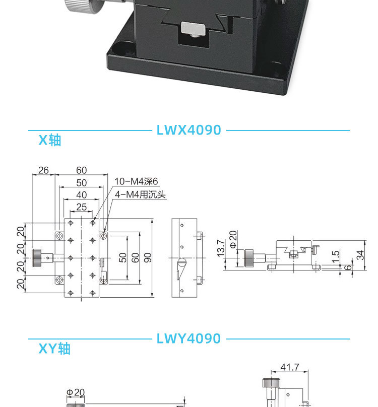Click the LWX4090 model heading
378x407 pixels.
click(x=189, y=130)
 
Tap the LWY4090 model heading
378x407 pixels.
click(x=189, y=338)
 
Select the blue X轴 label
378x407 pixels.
click(x=50, y=140)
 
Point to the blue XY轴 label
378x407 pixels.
click(x=54, y=349)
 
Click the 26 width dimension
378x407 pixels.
click(x=43, y=170)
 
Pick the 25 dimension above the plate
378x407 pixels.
click(x=81, y=207)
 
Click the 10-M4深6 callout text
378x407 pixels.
click(x=136, y=181)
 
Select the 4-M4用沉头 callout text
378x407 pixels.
click(x=140, y=194)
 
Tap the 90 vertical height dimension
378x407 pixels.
click(x=148, y=257)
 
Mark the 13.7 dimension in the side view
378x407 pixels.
click(x=220, y=248)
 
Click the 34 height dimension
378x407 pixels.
click(x=360, y=255)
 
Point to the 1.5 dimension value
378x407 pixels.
click(x=336, y=256)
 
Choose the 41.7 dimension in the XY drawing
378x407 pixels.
click(x=290, y=367)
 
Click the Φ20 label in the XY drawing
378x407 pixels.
click(x=76, y=392)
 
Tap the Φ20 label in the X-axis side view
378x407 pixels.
click(x=233, y=239)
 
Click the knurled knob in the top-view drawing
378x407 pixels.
click(x=37, y=257)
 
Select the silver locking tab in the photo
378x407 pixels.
click(x=194, y=28)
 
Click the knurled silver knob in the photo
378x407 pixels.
click(x=84, y=6)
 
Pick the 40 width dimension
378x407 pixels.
click(x=81, y=195)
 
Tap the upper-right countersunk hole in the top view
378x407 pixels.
click(x=104, y=236)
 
